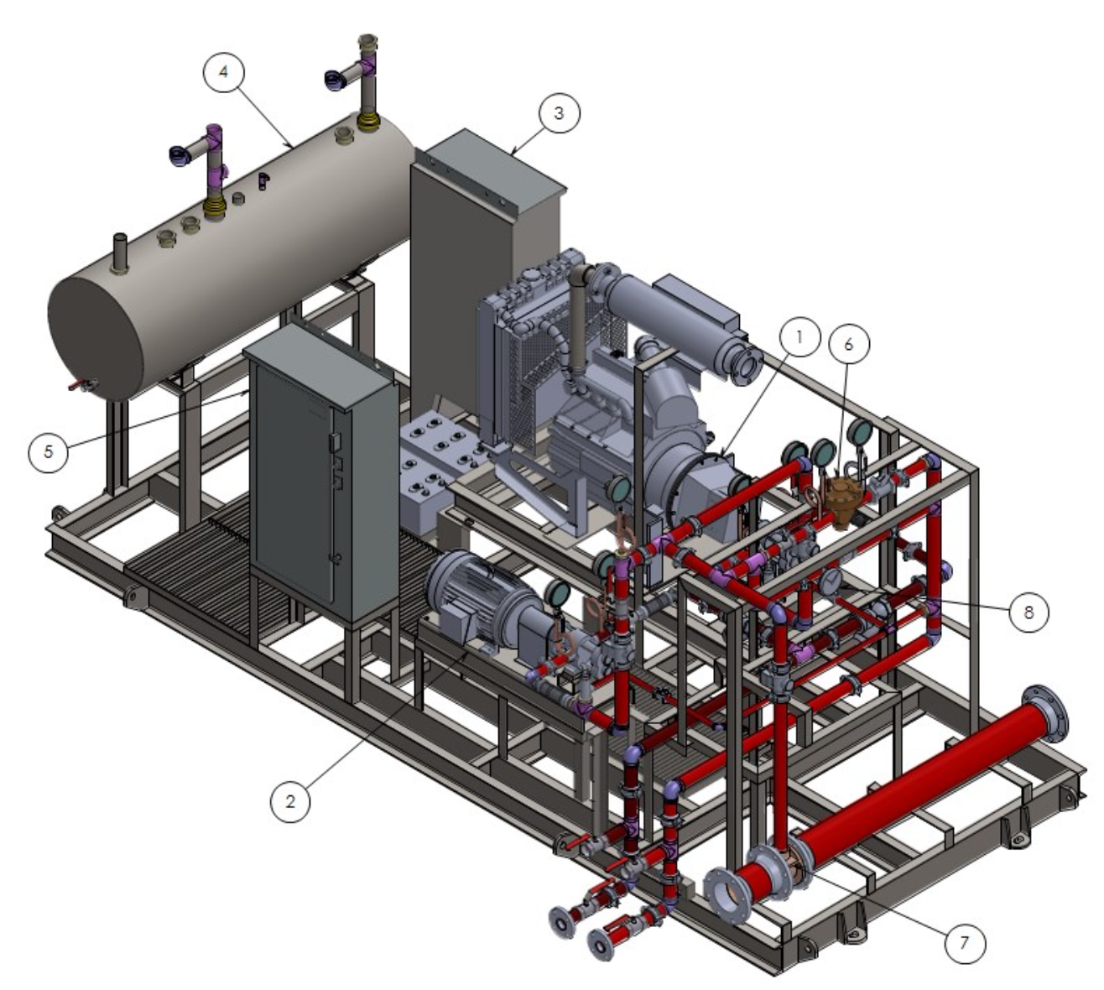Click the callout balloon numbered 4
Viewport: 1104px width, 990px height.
(223, 72)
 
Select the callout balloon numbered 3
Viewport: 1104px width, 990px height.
(559, 113)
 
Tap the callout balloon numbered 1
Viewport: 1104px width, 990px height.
(799, 337)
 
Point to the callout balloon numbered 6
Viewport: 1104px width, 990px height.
(848, 344)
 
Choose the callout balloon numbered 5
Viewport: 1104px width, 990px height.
(49, 452)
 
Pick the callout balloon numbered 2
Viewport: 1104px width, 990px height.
(290, 801)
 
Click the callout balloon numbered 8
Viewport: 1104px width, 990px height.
(1028, 612)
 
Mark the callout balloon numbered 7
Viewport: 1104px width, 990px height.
(965, 942)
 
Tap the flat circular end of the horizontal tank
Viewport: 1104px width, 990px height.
(96, 338)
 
